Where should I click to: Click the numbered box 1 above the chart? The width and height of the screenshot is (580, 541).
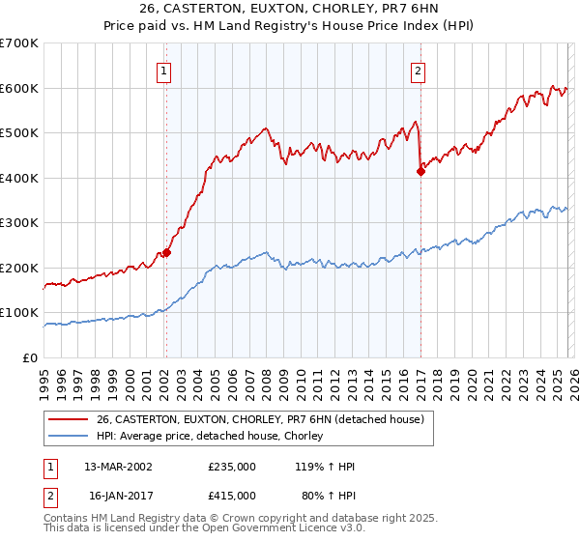point(165,71)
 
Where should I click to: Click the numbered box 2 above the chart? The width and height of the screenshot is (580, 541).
point(419,71)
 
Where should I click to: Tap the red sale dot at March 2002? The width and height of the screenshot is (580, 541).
point(166,252)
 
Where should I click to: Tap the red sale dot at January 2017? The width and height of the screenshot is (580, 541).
point(420,172)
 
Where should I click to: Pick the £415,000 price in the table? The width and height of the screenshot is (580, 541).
point(232,495)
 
